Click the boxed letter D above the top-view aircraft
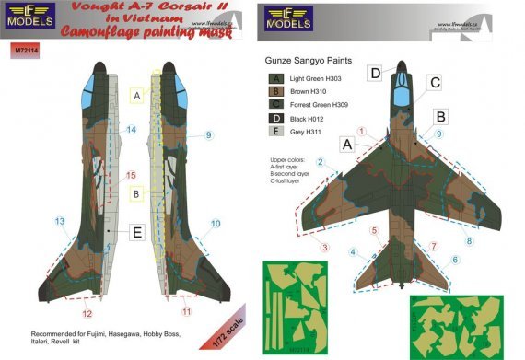376,73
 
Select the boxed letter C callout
433,82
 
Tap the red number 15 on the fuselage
131,174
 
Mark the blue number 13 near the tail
60,221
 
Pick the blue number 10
216,224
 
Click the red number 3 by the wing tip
324,246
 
